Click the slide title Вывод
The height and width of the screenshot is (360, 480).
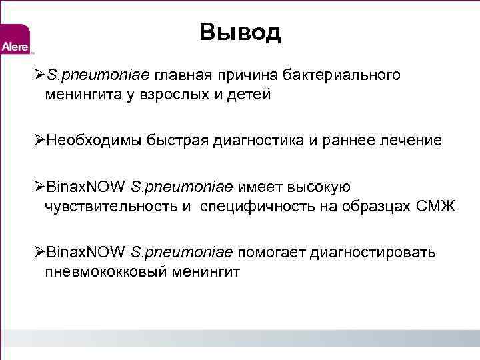pyautogui.click(x=240, y=32)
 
